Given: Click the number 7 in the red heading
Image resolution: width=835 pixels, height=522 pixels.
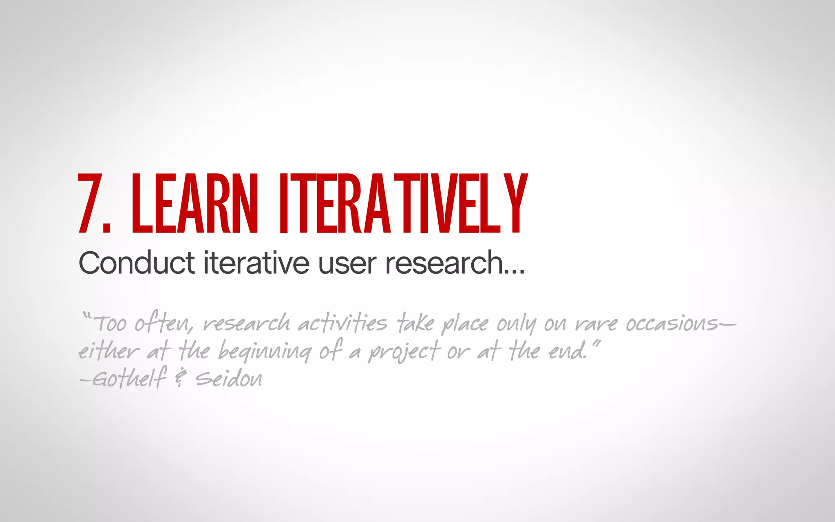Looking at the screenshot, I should (x=91, y=203).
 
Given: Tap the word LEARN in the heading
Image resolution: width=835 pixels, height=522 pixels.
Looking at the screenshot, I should (x=195, y=203).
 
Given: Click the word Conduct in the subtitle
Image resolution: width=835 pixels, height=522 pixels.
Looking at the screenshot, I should (x=137, y=263).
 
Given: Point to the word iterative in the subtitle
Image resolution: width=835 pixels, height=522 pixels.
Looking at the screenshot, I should (x=256, y=263).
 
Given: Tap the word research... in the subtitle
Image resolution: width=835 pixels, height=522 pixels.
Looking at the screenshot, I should (x=455, y=263).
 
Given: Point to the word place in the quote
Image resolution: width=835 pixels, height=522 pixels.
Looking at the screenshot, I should (x=465, y=325).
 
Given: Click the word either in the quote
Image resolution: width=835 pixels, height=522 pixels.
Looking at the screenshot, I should (x=108, y=351).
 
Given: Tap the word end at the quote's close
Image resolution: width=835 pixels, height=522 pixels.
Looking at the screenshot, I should (x=567, y=351).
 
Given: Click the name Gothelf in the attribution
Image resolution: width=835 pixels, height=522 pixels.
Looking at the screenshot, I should (x=130, y=378).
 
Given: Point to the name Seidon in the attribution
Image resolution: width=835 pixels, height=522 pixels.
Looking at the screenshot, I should (x=229, y=378).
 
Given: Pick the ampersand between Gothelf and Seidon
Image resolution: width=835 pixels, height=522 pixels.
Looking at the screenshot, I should (x=180, y=378).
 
